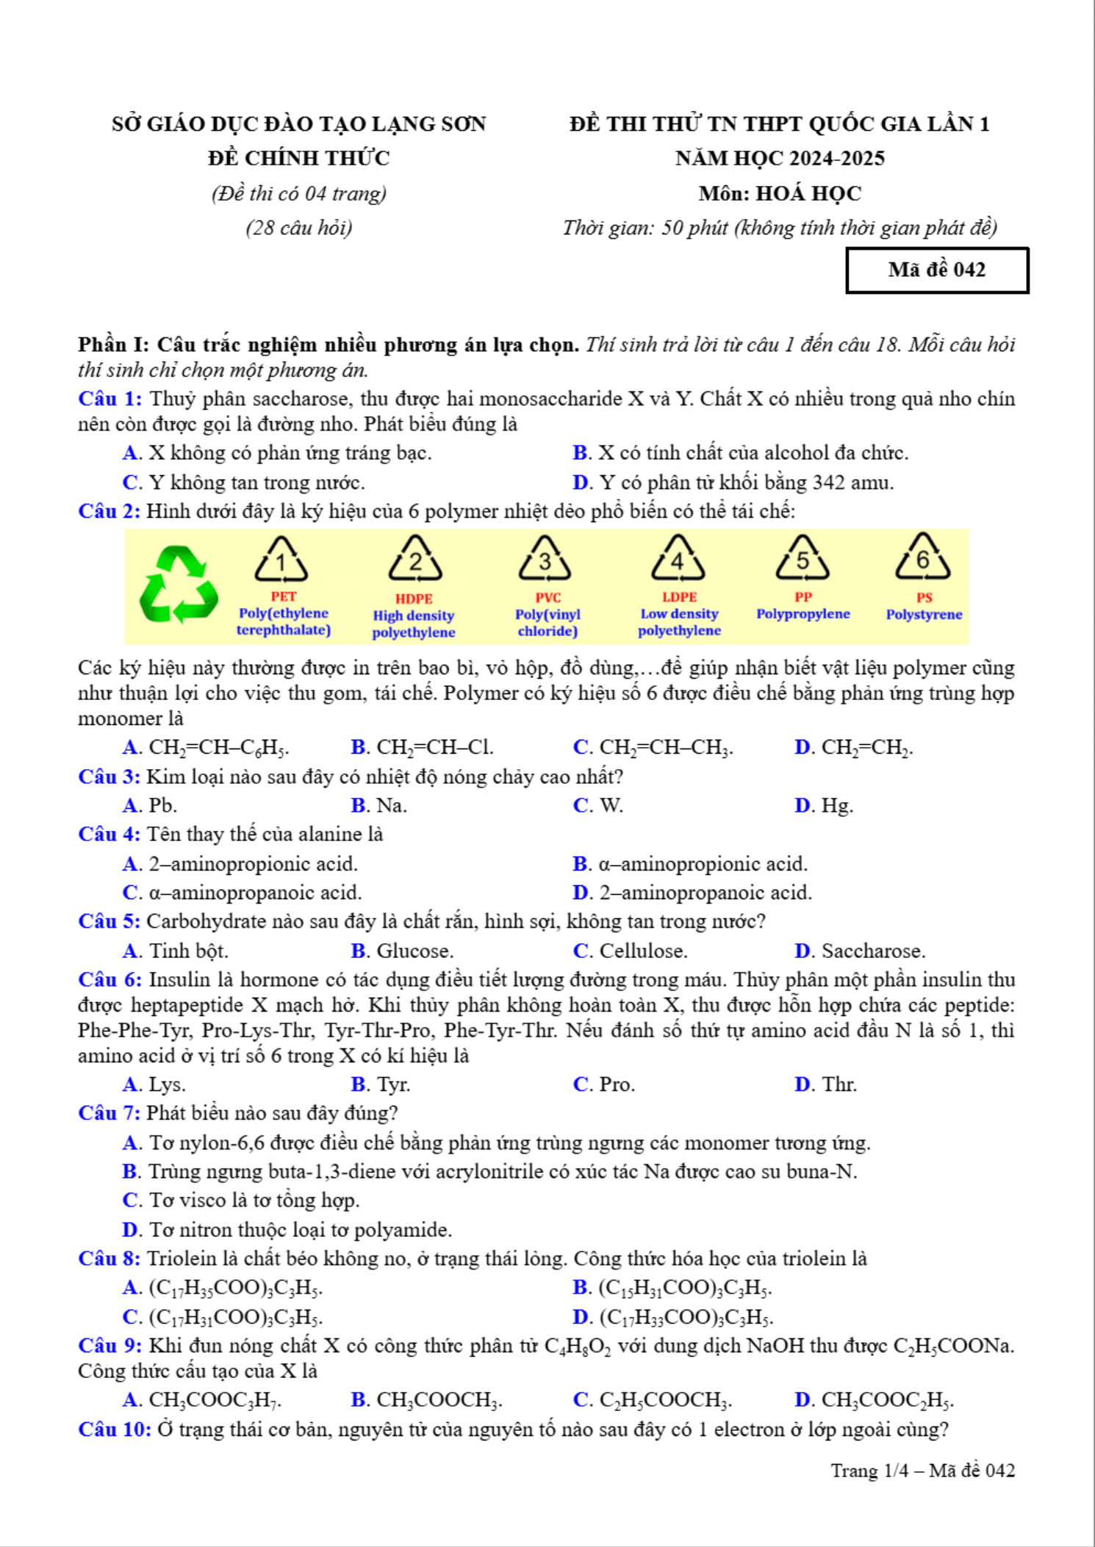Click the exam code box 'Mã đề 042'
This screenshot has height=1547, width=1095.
(937, 270)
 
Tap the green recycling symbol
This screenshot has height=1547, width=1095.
(178, 585)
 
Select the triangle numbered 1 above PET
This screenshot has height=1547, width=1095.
(281, 562)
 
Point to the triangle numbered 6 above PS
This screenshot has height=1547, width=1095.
(923, 560)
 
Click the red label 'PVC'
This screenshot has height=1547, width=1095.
(547, 598)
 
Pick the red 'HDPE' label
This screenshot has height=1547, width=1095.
(414, 599)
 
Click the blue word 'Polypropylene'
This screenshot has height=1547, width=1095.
(803, 614)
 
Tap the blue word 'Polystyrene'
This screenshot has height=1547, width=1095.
(924, 615)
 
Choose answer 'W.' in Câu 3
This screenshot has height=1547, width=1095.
(611, 806)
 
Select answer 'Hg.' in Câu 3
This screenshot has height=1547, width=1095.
(837, 806)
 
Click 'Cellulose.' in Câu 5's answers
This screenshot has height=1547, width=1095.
(643, 951)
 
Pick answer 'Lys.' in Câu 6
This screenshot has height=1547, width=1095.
(167, 1085)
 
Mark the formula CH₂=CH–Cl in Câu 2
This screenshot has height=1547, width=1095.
(434, 748)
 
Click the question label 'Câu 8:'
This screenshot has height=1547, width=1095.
(109, 1259)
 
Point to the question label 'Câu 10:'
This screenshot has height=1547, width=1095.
(114, 1429)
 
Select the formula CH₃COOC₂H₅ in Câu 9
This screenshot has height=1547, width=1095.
(887, 1401)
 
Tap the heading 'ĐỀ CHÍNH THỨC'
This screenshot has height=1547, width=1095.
(298, 158)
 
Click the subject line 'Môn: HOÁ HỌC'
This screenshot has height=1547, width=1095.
(780, 193)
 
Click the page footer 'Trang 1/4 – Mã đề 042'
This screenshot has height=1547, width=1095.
(922, 1471)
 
